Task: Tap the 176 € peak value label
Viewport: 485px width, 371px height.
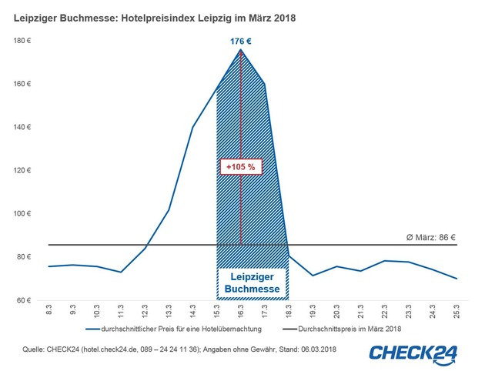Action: (241, 41)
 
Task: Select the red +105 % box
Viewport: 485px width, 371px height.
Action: (240, 166)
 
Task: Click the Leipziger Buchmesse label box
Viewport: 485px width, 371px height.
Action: (252, 282)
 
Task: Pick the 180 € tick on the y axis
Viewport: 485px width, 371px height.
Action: (26, 40)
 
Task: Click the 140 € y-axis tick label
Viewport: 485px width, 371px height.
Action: (26, 127)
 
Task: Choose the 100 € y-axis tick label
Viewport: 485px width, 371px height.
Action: (26, 213)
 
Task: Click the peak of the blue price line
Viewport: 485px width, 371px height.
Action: (241, 50)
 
